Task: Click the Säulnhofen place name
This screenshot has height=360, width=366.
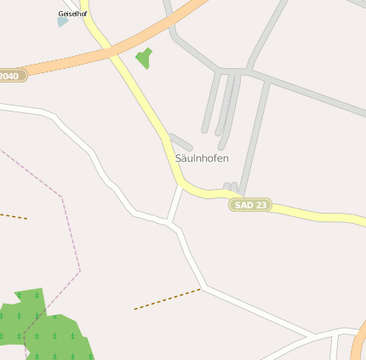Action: click(202, 158)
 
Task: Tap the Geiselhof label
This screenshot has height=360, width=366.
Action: click(72, 14)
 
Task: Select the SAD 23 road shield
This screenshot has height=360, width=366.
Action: click(249, 205)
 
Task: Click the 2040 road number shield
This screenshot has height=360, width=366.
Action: click(10, 76)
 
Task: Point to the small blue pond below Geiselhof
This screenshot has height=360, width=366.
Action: click(62, 21)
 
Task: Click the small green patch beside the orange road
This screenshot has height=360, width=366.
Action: click(144, 58)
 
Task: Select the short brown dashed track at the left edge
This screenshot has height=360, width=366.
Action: click(13, 216)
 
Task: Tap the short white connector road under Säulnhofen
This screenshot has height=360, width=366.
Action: click(176, 204)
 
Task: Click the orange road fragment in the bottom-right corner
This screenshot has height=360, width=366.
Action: click(357, 348)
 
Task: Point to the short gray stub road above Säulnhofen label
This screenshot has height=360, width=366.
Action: click(180, 141)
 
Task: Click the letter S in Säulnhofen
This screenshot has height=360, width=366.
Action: click(179, 158)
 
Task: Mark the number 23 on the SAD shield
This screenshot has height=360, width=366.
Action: click(260, 205)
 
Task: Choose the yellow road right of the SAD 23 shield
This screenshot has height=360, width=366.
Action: click(315, 216)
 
